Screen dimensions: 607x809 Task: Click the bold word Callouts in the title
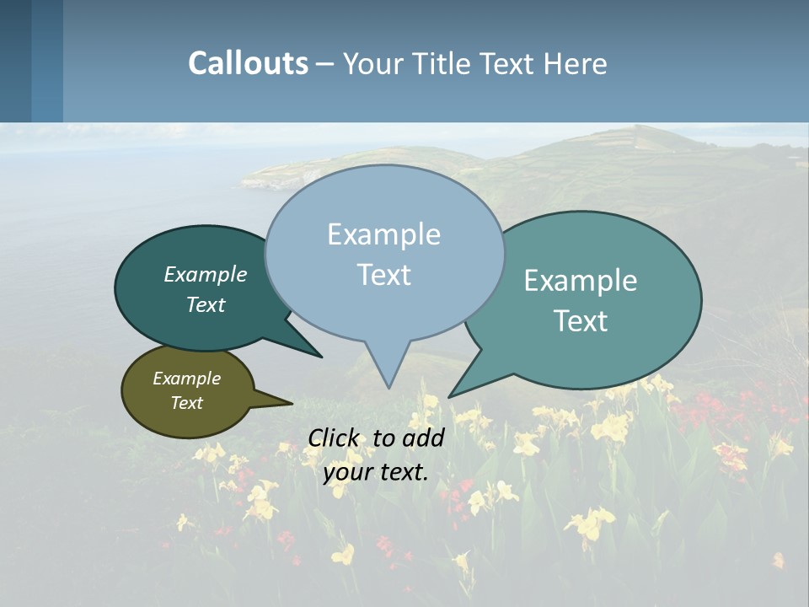(248, 63)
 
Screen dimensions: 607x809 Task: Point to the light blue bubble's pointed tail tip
(388, 386)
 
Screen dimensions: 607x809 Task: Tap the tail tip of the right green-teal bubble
(452, 395)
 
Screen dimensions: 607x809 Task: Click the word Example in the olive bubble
(186, 379)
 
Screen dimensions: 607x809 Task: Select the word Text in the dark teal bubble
(206, 305)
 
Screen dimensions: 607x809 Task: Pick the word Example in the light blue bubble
(383, 234)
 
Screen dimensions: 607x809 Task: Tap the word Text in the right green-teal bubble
(581, 321)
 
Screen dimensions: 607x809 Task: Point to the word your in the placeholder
(348, 472)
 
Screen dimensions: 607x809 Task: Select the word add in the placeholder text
(423, 438)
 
